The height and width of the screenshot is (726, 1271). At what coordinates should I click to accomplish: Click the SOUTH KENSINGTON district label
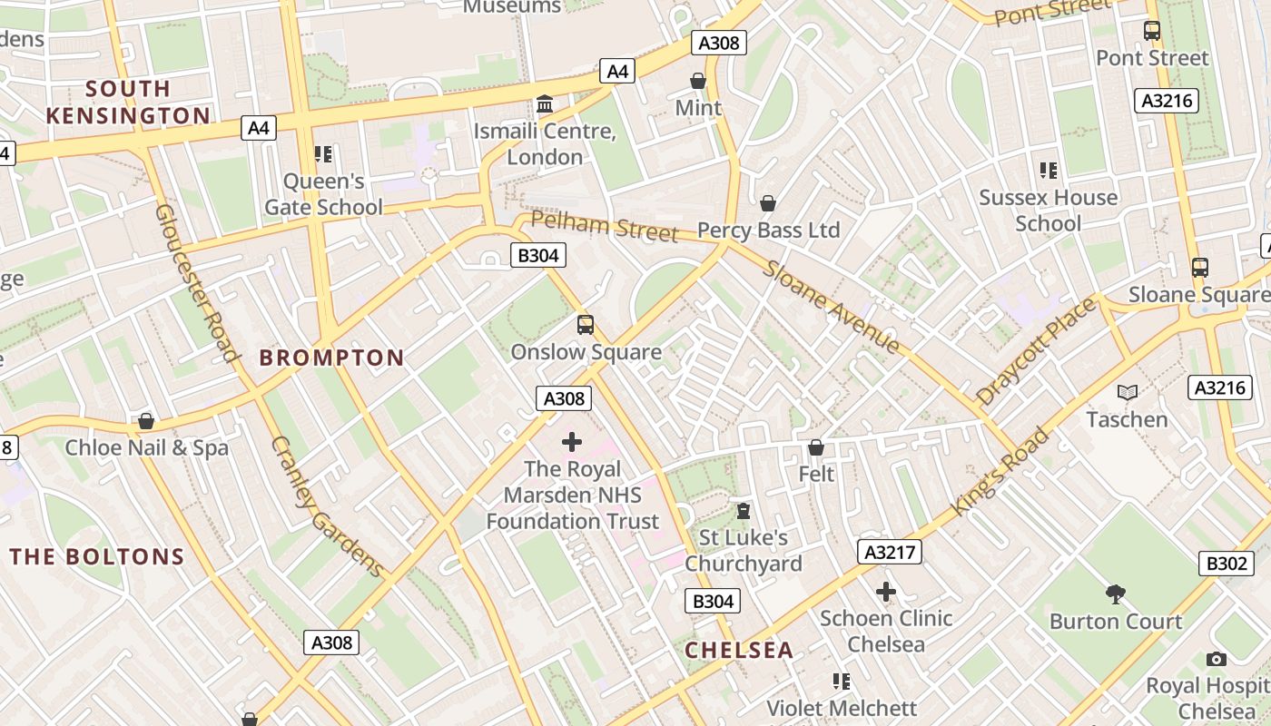tap(128, 102)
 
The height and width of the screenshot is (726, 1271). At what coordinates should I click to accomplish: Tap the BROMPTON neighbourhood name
tap(331, 358)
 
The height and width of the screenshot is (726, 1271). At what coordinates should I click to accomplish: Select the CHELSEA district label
tap(739, 650)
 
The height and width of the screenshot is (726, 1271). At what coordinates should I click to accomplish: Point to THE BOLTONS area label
tap(97, 556)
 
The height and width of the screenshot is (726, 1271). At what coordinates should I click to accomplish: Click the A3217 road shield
tap(890, 552)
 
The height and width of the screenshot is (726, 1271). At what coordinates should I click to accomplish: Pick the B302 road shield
tap(1226, 563)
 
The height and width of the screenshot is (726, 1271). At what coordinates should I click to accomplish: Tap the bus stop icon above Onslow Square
tap(586, 324)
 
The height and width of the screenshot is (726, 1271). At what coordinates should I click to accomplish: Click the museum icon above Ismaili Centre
tap(545, 104)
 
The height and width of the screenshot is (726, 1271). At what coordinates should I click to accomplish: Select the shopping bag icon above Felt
tap(816, 447)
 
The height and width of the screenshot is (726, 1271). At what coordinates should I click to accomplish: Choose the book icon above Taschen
tap(1128, 392)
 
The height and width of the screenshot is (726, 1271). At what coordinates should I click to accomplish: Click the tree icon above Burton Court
tap(1116, 594)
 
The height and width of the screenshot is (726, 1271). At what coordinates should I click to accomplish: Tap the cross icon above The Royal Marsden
tap(572, 442)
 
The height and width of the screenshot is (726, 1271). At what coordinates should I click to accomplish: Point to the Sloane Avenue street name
tap(832, 307)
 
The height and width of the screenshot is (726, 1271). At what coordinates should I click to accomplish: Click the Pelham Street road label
tap(605, 226)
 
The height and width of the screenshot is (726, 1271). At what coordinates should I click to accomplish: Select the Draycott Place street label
tap(1036, 352)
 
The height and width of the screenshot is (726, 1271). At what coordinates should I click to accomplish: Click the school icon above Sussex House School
tap(1049, 170)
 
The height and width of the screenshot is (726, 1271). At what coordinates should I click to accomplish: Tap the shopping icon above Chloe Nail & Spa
tap(146, 421)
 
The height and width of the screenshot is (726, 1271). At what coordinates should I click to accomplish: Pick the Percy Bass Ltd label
tap(768, 231)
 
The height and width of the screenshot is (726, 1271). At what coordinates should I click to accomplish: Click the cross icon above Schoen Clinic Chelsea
tap(885, 592)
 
